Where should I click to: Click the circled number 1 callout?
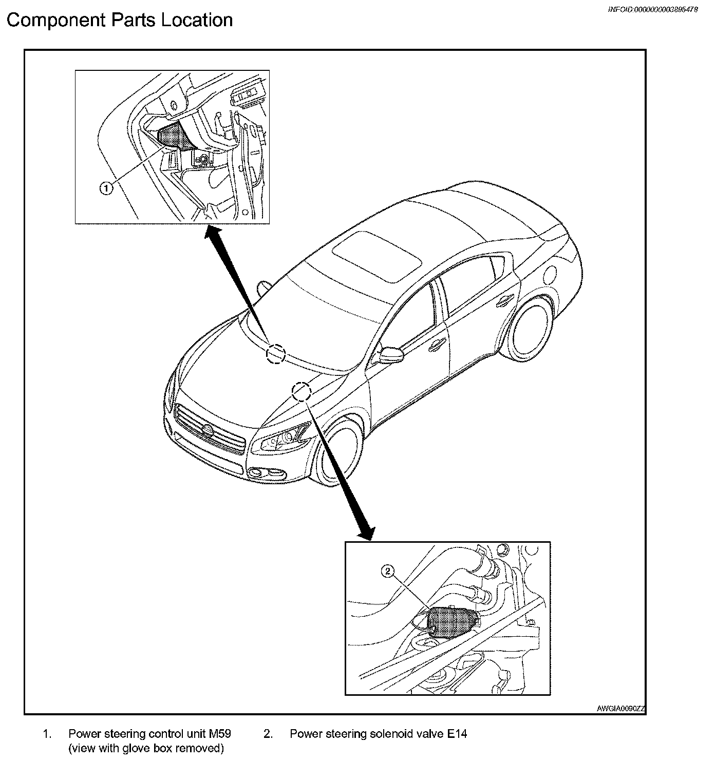(x=105, y=189)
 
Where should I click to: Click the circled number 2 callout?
(x=388, y=570)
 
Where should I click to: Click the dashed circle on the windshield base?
(x=276, y=353)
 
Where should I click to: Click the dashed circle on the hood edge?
(x=302, y=391)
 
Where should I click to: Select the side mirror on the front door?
(x=389, y=354)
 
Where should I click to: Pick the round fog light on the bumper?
(x=254, y=471)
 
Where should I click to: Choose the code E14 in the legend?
(x=456, y=734)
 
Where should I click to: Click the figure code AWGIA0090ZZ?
(x=620, y=709)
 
